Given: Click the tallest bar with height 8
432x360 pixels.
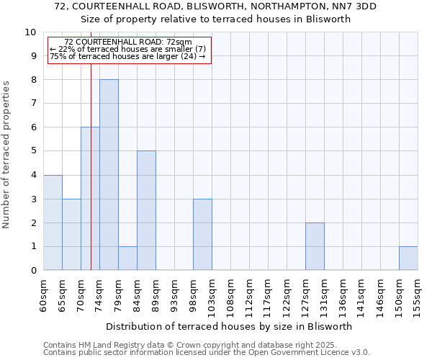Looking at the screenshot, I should [x=109, y=175].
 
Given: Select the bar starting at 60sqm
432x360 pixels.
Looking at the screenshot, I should [x=53, y=222].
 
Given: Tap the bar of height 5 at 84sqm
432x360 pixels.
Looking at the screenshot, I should [x=146, y=210].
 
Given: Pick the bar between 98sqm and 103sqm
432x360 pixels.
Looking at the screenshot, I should [x=202, y=235].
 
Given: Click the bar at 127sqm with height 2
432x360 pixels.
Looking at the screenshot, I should [x=315, y=246].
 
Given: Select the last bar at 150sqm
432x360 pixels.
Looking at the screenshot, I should [x=408, y=258].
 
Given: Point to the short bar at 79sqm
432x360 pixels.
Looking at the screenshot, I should [x=127, y=258].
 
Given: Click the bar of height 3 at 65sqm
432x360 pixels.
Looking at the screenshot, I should [x=71, y=235].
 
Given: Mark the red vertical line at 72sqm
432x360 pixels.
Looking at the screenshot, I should [x=91, y=180].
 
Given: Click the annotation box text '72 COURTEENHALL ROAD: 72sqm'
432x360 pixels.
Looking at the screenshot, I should [x=128, y=42].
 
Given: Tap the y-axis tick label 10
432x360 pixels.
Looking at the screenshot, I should [x=30, y=32].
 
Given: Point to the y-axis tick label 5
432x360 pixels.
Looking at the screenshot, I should [x=32, y=151].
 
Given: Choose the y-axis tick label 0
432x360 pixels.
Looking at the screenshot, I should [x=32, y=271].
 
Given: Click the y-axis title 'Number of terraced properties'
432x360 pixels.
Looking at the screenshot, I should [x=6, y=155].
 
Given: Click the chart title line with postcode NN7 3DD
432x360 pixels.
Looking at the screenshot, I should [x=215, y=6].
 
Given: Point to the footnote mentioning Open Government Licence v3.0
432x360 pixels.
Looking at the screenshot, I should [x=207, y=353].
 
